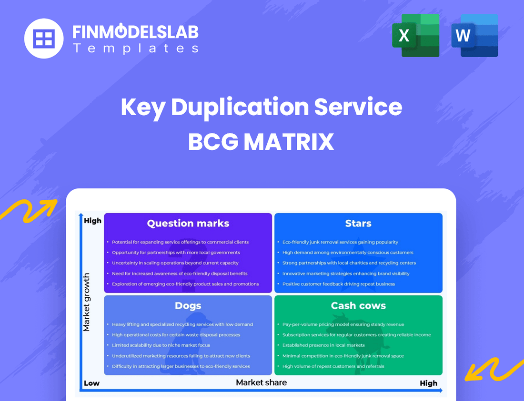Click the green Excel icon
(x=415, y=35)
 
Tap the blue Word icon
(x=474, y=35)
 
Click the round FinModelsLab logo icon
(x=43, y=39)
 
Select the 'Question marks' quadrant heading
(x=188, y=223)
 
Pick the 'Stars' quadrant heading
(x=358, y=223)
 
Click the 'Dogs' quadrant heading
(x=188, y=305)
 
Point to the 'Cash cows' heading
(x=358, y=305)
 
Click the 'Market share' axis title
(x=261, y=382)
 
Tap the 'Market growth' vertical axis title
(x=86, y=302)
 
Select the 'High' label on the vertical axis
(x=92, y=221)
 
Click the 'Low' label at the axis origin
(x=91, y=383)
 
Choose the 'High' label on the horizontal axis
(x=428, y=383)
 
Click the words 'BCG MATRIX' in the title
(x=261, y=142)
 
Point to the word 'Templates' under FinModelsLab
(x=135, y=48)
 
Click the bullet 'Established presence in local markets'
(x=323, y=345)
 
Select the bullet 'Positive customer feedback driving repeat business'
(x=339, y=284)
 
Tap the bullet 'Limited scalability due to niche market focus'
(x=161, y=345)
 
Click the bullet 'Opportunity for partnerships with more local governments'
(x=176, y=253)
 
